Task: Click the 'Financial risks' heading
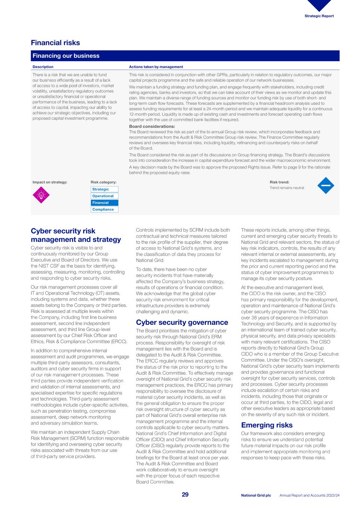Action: point(55,43)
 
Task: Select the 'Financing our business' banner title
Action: point(66,56)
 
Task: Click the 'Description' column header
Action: point(43,67)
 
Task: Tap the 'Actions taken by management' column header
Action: point(156,67)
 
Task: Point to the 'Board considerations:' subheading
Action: point(152,126)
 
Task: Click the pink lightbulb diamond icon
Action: point(41,195)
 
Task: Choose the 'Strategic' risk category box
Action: point(104,189)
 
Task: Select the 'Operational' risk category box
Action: point(104,196)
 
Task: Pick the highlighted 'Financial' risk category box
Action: point(104,203)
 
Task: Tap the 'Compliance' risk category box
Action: point(104,210)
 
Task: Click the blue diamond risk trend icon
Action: point(325,185)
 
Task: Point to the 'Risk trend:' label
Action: point(279,182)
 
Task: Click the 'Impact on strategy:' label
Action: point(50,182)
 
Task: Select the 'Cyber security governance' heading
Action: point(182,323)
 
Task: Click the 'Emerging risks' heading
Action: point(267,425)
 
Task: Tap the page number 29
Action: point(185,495)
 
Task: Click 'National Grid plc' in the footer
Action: point(256,496)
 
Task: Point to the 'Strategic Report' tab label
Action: point(319,16)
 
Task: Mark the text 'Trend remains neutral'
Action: point(287,188)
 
